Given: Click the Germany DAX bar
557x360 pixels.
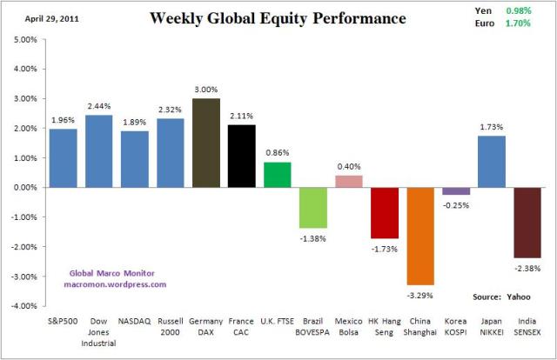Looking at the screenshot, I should click(205, 143).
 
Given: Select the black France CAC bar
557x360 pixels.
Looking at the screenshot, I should click(241, 156).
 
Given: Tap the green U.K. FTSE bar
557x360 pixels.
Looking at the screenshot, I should click(277, 174).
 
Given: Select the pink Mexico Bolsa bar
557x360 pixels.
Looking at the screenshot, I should click(348, 181).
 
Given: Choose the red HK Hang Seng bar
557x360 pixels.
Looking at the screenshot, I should click(384, 212).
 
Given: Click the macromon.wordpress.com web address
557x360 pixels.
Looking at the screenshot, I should click(115, 284).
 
